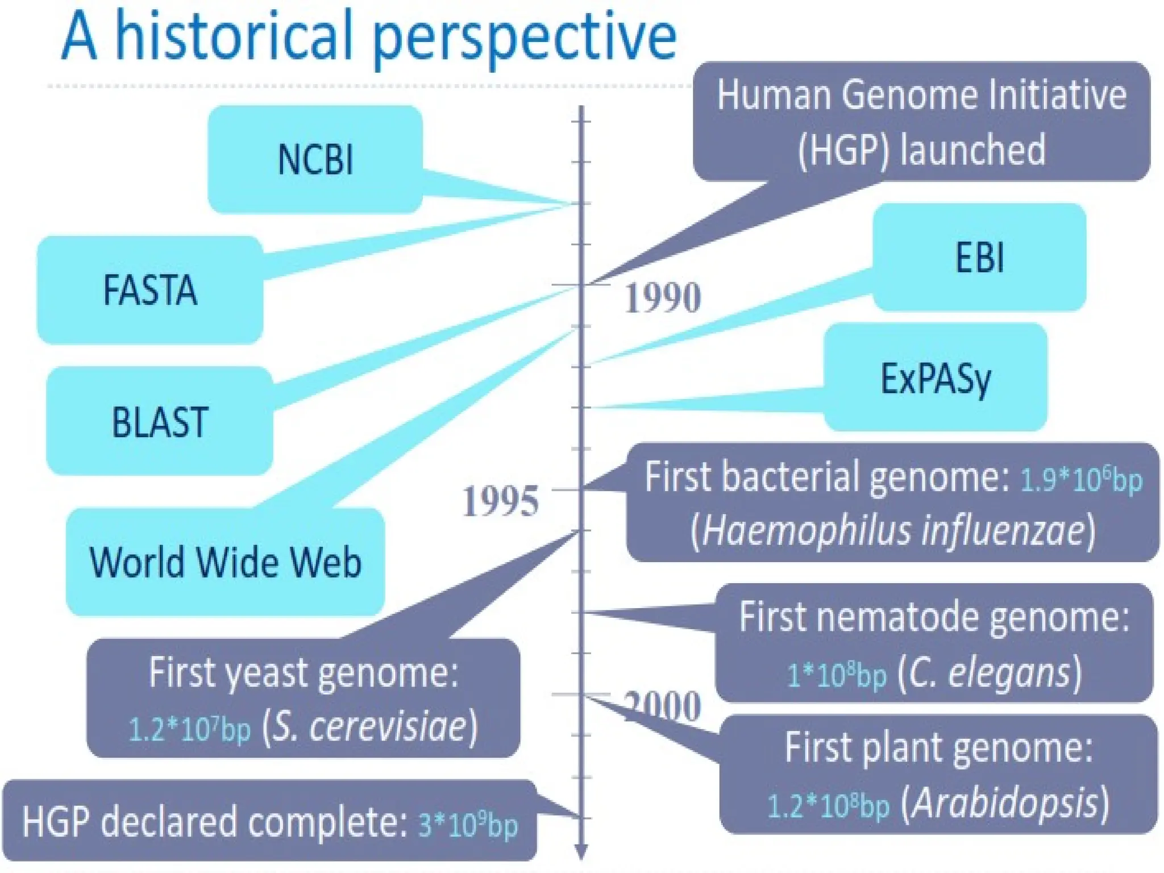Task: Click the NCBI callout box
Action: click(315, 159)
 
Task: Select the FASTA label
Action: click(150, 290)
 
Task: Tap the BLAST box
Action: click(160, 422)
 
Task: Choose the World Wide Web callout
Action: click(225, 562)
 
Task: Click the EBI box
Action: click(979, 257)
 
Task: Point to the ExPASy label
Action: click(936, 378)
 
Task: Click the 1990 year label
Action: click(663, 298)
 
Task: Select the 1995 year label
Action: click(500, 501)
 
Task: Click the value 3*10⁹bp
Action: click(468, 825)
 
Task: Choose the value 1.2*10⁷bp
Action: click(189, 729)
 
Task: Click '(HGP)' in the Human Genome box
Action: click(843, 150)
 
